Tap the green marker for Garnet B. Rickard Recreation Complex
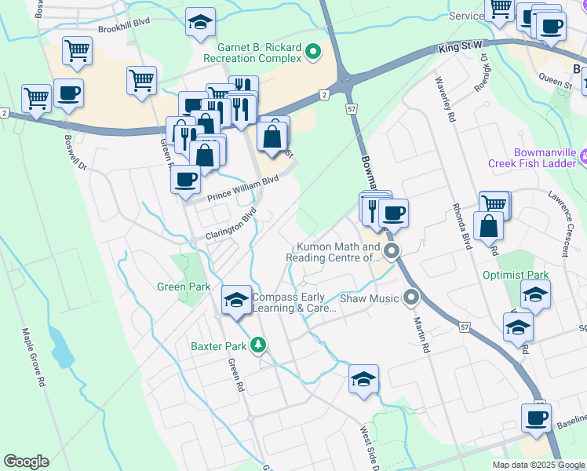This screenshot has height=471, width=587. pos(313,53)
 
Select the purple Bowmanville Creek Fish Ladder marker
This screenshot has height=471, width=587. pos(582,157)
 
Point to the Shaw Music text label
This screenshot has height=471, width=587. pos(370,298)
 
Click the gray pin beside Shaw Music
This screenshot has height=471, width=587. pos(410,298)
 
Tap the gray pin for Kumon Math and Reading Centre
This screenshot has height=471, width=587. pos(392,252)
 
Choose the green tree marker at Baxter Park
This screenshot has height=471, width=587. pos(257,345)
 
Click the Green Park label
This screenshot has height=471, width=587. pos(184,287)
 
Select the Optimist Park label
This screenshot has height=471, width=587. pos(527,276)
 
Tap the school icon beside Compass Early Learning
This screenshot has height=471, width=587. pos(236,301)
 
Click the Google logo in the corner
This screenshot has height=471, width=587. pos(26,462)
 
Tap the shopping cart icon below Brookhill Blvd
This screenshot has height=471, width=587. pos(76,51)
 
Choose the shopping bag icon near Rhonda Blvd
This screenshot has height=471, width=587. pos(488,227)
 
